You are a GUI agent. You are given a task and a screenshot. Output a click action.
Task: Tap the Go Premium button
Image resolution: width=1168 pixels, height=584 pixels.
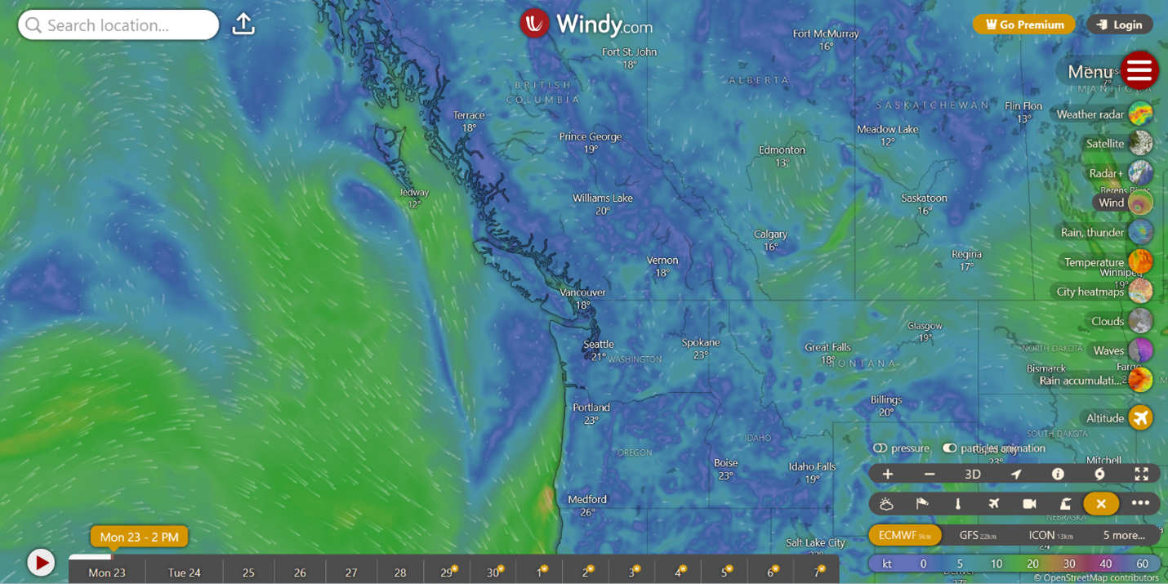pyautogui.click(x=1023, y=25)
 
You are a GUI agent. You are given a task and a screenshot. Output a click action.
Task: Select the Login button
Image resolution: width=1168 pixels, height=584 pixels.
pyautogui.click(x=1119, y=25)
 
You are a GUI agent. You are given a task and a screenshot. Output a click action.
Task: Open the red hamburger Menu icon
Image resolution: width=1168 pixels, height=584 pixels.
pyautogui.click(x=1139, y=71)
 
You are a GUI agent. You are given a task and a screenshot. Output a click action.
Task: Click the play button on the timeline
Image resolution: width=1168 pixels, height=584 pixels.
pyautogui.click(x=41, y=563)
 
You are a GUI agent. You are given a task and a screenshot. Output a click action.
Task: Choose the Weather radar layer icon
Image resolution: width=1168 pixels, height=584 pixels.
pyautogui.click(x=1140, y=114)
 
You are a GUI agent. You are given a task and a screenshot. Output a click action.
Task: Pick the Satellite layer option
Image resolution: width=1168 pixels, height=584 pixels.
pyautogui.click(x=1140, y=144)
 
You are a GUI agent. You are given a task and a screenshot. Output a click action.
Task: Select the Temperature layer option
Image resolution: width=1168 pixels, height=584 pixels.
pyautogui.click(x=1140, y=262)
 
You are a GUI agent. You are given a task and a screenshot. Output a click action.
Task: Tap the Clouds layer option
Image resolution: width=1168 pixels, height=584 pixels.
pyautogui.click(x=1140, y=321)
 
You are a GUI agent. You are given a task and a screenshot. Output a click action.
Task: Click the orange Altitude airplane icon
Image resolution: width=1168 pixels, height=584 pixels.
pyautogui.click(x=1140, y=418)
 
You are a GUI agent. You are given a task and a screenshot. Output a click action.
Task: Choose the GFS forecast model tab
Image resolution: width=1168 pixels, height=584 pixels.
pyautogui.click(x=977, y=535)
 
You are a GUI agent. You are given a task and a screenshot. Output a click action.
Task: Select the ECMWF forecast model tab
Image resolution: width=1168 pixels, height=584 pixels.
pyautogui.click(x=904, y=535)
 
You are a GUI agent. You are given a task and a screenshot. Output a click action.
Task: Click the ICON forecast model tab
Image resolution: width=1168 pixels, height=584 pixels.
pyautogui.click(x=1050, y=535)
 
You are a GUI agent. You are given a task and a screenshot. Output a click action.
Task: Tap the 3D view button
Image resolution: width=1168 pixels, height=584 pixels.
pyautogui.click(x=972, y=475)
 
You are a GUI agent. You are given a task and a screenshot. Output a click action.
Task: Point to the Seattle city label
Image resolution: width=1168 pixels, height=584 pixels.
pyautogui.click(x=599, y=345)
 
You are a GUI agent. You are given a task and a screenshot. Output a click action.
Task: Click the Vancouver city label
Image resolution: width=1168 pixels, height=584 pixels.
pyautogui.click(x=582, y=292)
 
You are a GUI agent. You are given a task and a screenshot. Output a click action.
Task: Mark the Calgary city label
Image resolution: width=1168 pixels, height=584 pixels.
pyautogui.click(x=770, y=234)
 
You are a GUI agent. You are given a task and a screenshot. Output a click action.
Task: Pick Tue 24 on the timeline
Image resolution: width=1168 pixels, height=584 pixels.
pyautogui.click(x=184, y=573)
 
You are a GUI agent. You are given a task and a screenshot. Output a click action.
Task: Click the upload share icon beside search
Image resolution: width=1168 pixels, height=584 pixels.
pyautogui.click(x=243, y=25)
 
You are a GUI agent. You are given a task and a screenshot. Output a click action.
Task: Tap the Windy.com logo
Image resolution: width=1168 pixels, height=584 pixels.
pyautogui.click(x=586, y=24)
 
